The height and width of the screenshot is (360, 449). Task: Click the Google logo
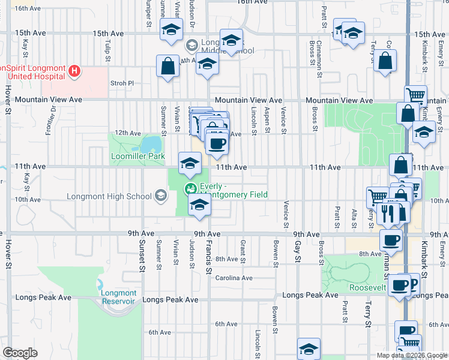click(20, 353)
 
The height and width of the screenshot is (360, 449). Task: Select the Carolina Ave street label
click(234, 278)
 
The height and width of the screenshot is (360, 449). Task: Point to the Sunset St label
click(142, 256)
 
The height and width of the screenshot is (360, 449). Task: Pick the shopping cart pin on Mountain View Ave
click(415, 95)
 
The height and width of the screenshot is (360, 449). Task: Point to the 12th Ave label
click(127, 133)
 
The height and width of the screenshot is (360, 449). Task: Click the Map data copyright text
click(412, 355)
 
